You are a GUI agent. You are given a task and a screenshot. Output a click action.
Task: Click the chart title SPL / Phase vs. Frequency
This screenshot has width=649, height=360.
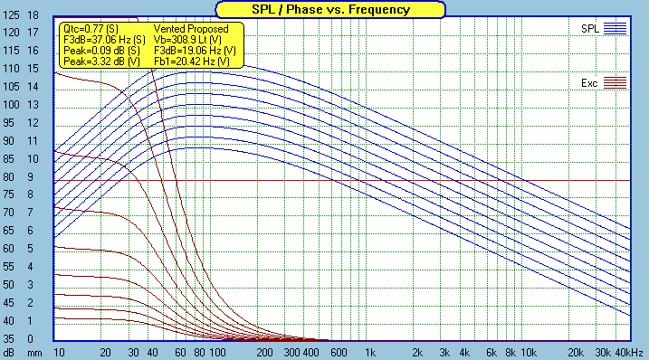coord(323,10)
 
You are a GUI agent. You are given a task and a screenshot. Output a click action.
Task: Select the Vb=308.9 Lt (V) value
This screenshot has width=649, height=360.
coord(189,41)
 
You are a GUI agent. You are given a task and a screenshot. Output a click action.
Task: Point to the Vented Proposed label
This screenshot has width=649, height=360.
coord(190,30)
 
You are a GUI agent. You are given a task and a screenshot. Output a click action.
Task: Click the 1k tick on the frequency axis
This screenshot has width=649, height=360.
coord(368,351)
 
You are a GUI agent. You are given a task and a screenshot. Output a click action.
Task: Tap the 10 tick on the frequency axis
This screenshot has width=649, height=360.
coord(59,351)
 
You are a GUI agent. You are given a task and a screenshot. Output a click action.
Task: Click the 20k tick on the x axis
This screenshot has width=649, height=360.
coord(574,351)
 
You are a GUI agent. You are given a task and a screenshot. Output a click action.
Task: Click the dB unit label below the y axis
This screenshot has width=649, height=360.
coord(9,351)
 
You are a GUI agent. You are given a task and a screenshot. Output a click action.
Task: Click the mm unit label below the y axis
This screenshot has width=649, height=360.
coord(33,351)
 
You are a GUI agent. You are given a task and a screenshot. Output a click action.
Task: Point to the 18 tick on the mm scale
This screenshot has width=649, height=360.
coord(33,16)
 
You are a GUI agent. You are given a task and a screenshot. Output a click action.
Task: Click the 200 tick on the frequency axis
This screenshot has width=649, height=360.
coord(265,351)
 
